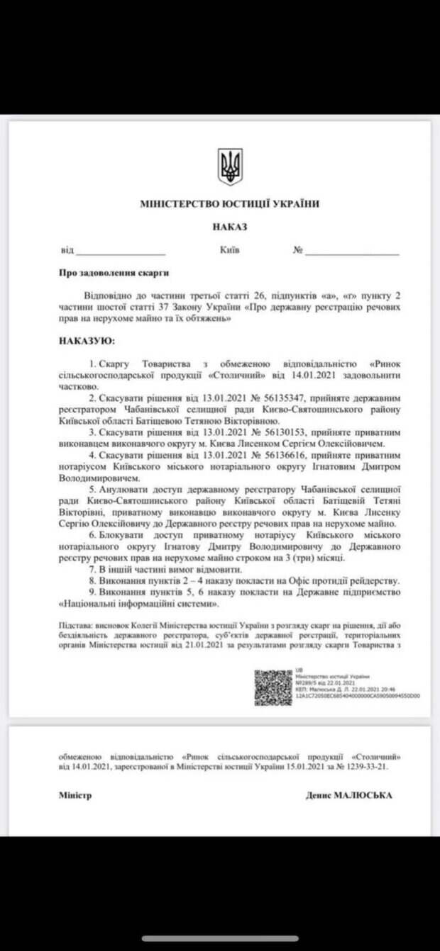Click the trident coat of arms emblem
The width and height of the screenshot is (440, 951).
[229, 167]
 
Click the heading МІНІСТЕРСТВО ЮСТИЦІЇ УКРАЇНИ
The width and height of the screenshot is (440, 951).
[229, 204]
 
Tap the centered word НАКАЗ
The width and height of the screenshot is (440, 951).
[229, 227]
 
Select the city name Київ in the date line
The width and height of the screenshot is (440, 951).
[229, 250]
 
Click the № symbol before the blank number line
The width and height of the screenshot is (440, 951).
[298, 250]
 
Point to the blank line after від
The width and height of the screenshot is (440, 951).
[121, 252]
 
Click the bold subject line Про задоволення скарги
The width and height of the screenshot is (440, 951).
[114, 273]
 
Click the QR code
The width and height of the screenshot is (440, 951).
[273, 687]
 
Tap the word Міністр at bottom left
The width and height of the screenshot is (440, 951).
[75, 795]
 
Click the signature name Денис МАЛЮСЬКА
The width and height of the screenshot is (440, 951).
[348, 795]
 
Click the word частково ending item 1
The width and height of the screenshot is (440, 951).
[78, 388]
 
